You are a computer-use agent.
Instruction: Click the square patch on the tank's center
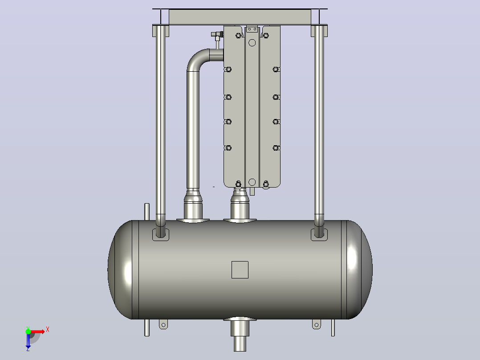point(240,270)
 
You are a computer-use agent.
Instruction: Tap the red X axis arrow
point(37,331)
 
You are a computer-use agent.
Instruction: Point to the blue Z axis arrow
point(28,341)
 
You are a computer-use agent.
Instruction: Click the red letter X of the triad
point(48,330)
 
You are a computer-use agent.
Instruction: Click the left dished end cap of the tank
point(120,270)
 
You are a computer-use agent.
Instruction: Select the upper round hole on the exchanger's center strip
point(252,43)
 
